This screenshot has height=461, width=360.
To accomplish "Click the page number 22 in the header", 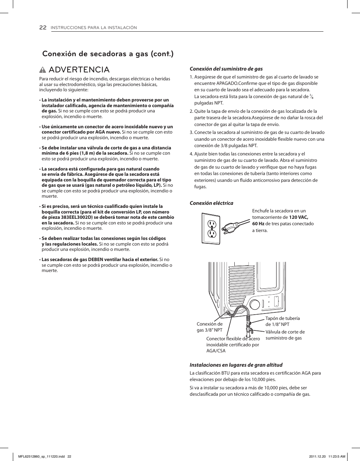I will click(43, 28).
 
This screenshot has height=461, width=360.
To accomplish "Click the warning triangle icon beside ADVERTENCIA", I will click(45, 70).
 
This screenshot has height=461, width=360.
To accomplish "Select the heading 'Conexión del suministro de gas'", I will click(226, 69).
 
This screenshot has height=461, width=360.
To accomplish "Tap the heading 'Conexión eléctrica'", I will click(211, 203).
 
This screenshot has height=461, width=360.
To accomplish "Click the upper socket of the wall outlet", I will click(212, 224).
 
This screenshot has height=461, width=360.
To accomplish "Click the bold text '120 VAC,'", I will click(298, 217).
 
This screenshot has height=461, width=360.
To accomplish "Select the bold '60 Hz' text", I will click(258, 224).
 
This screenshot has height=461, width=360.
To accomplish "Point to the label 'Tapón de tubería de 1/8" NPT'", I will click(282, 321).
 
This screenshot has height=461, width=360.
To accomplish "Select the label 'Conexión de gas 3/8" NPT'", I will click(209, 327).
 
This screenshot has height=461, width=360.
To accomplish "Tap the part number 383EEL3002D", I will click(77, 217).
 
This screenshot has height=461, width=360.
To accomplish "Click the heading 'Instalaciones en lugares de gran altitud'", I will click(236, 365).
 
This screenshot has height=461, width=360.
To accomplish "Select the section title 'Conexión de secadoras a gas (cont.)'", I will click(108, 54).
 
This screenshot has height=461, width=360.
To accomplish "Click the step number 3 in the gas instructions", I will click(191, 132).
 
